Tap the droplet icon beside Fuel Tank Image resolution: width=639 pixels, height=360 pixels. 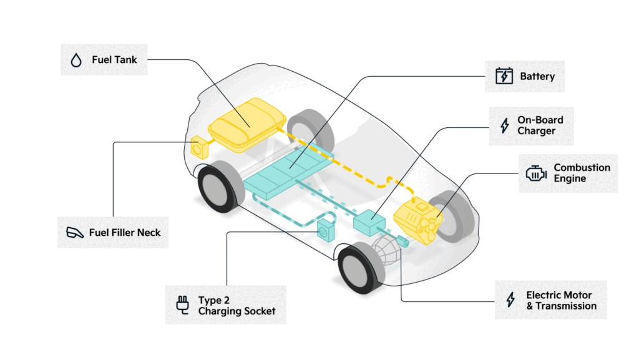76,61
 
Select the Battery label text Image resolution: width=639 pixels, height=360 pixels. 537,77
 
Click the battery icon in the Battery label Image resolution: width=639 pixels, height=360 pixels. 504,77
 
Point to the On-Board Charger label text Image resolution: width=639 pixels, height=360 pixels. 540,125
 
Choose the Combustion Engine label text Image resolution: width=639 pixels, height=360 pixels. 582,173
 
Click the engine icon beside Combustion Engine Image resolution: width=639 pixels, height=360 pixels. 535,173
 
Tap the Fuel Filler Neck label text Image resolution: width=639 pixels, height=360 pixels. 125,232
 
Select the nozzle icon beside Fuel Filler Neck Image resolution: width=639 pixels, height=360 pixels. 74,233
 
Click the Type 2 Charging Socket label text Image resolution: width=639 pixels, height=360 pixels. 236,305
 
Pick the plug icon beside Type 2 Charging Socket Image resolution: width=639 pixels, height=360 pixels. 182,305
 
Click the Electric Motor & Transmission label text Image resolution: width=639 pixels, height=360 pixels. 561,300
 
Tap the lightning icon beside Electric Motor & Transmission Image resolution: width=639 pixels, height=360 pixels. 510,300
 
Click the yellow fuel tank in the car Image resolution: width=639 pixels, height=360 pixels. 247,124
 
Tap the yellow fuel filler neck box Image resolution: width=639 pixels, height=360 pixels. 200,147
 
